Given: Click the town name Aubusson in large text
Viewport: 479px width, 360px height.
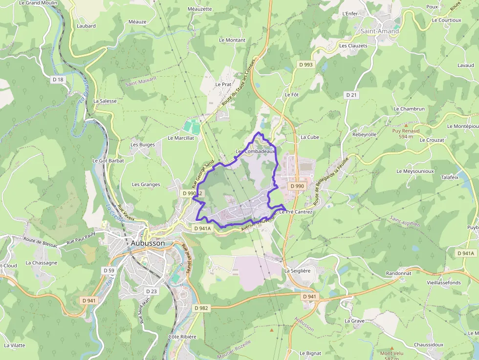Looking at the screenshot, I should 148,243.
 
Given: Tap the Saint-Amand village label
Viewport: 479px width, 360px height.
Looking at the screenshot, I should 380,31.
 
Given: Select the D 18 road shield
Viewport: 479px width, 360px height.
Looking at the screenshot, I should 58,80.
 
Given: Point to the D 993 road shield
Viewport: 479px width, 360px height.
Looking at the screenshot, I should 306,64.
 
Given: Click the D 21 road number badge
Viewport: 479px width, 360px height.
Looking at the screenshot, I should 351,95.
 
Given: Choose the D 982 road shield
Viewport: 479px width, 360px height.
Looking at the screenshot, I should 201,308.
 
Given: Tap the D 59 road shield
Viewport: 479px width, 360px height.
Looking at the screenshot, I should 109,270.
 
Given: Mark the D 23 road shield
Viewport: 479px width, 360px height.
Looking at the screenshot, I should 152,291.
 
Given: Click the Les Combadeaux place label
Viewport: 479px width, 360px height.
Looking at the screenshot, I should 255,152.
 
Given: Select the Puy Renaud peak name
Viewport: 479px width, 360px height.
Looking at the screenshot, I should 406,131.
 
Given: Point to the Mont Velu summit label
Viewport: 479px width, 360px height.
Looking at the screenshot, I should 392,353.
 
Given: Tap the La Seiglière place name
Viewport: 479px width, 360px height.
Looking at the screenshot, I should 297,271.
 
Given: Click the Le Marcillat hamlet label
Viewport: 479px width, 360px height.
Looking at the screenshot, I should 181,138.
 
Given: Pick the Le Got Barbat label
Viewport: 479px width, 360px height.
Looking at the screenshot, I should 108,160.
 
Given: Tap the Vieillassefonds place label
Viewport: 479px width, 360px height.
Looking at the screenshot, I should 444,282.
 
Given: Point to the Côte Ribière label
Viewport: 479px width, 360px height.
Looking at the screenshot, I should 182,337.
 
